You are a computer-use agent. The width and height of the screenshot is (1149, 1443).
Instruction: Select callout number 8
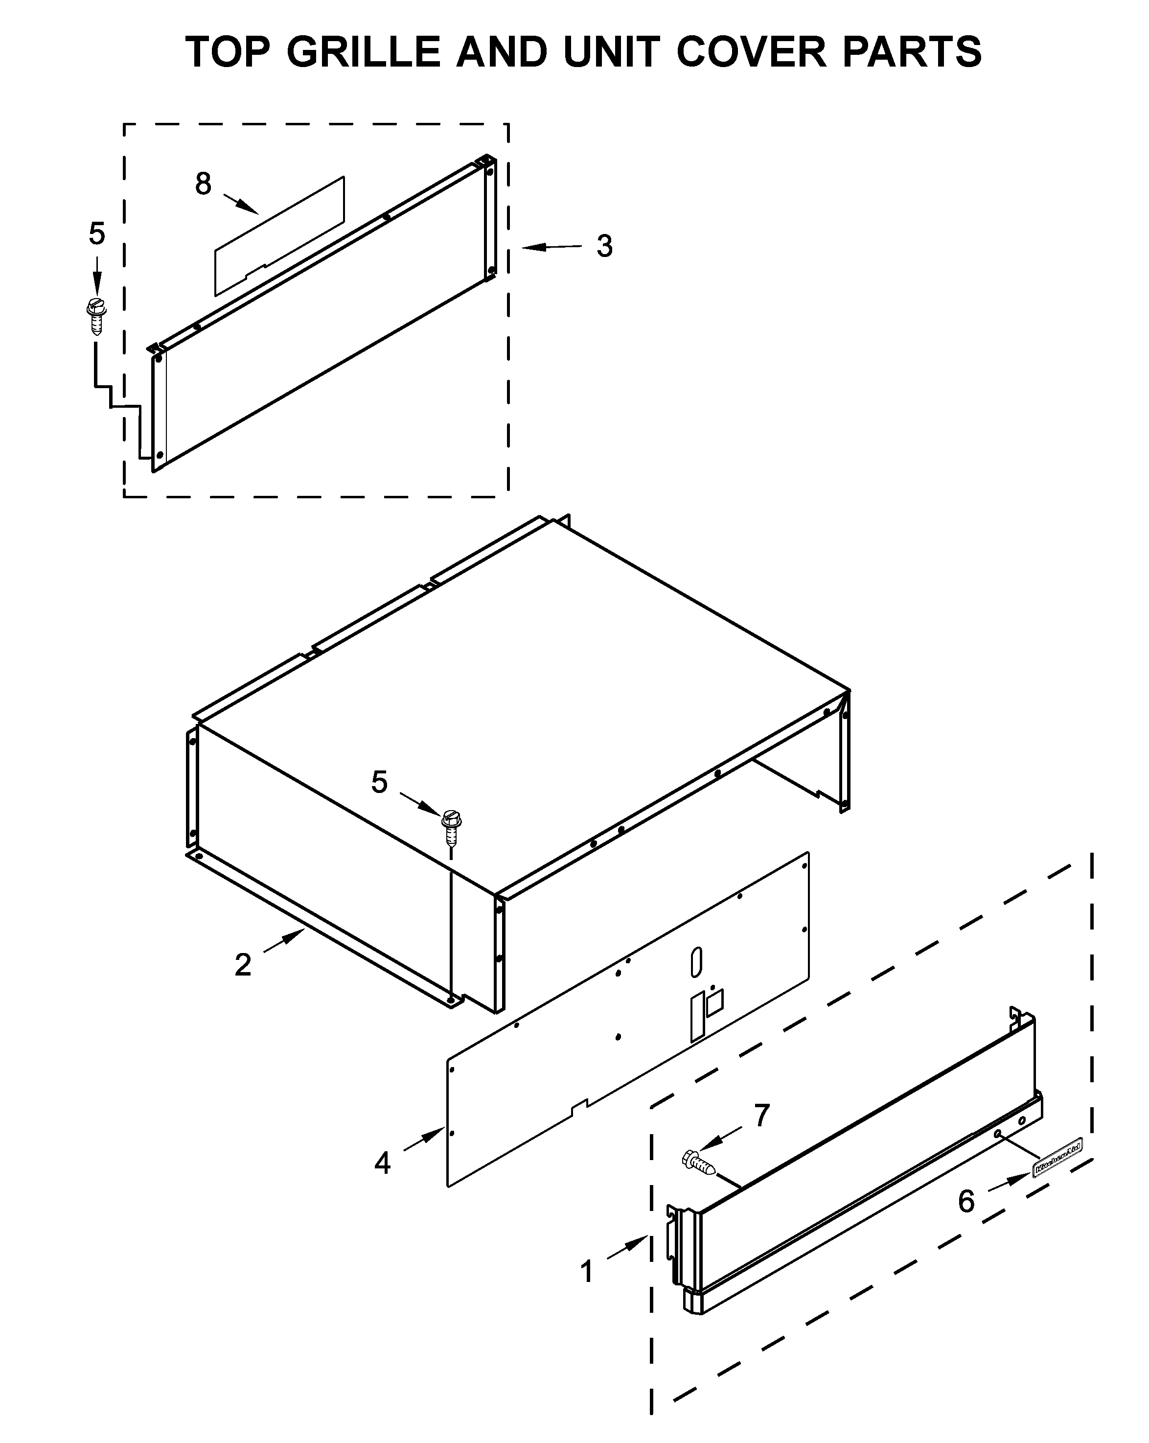tap(204, 184)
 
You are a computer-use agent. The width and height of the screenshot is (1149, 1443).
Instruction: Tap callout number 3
tap(604, 246)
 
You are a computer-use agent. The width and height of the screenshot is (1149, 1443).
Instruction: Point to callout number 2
tap(243, 964)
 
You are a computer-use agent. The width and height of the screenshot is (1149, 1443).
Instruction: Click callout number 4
tap(382, 1163)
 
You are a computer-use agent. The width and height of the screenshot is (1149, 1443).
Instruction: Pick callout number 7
tap(761, 1115)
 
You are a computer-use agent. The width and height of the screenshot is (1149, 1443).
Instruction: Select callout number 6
tap(965, 1201)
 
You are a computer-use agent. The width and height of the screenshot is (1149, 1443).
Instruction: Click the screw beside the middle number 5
tap(452, 828)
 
